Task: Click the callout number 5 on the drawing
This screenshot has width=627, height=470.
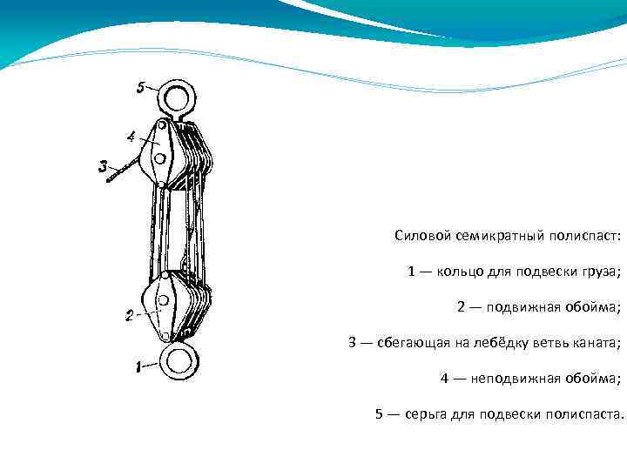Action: click(x=141, y=87)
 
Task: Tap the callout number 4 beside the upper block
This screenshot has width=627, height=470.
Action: click(x=131, y=137)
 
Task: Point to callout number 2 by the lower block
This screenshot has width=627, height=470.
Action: click(x=129, y=315)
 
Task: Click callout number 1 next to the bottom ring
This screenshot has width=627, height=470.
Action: click(x=138, y=367)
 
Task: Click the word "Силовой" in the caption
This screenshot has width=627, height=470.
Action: click(x=420, y=236)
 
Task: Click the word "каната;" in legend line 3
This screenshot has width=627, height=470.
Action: click(x=597, y=343)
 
